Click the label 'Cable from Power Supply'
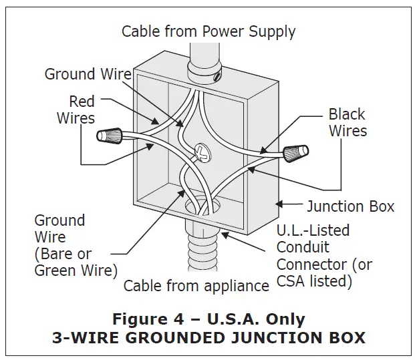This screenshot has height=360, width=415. pyautogui.click(x=208, y=31)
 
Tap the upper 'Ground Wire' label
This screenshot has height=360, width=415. pyautogui.click(x=88, y=73)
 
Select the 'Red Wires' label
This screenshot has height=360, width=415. pyautogui.click(x=76, y=110)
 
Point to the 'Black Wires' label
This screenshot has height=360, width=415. pyautogui.click(x=347, y=122)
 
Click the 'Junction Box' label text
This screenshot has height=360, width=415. pyautogui.click(x=350, y=206)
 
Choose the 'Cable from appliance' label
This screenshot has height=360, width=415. pyautogui.click(x=196, y=286)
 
